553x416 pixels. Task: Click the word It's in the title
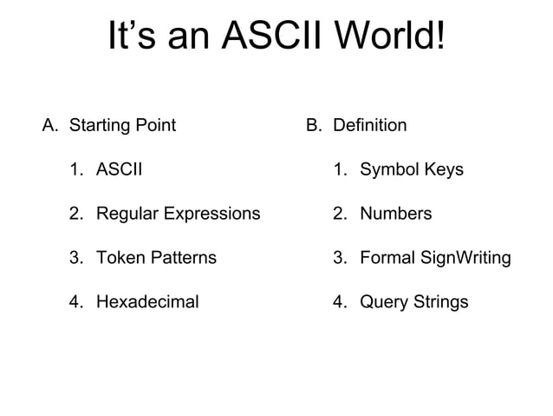click(133, 36)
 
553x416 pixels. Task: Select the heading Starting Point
click(122, 125)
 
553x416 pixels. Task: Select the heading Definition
click(370, 125)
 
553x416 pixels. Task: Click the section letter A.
click(50, 125)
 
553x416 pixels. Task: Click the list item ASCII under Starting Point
click(119, 169)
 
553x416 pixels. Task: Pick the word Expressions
click(211, 214)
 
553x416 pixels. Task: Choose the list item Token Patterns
click(156, 258)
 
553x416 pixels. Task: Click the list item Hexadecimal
click(147, 302)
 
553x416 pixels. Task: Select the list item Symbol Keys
click(412, 169)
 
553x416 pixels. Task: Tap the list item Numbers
click(395, 214)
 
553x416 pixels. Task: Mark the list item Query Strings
click(413, 302)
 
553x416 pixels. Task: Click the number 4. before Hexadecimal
click(77, 302)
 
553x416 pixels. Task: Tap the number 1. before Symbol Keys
click(341, 169)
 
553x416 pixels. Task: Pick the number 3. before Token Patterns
click(77, 258)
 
